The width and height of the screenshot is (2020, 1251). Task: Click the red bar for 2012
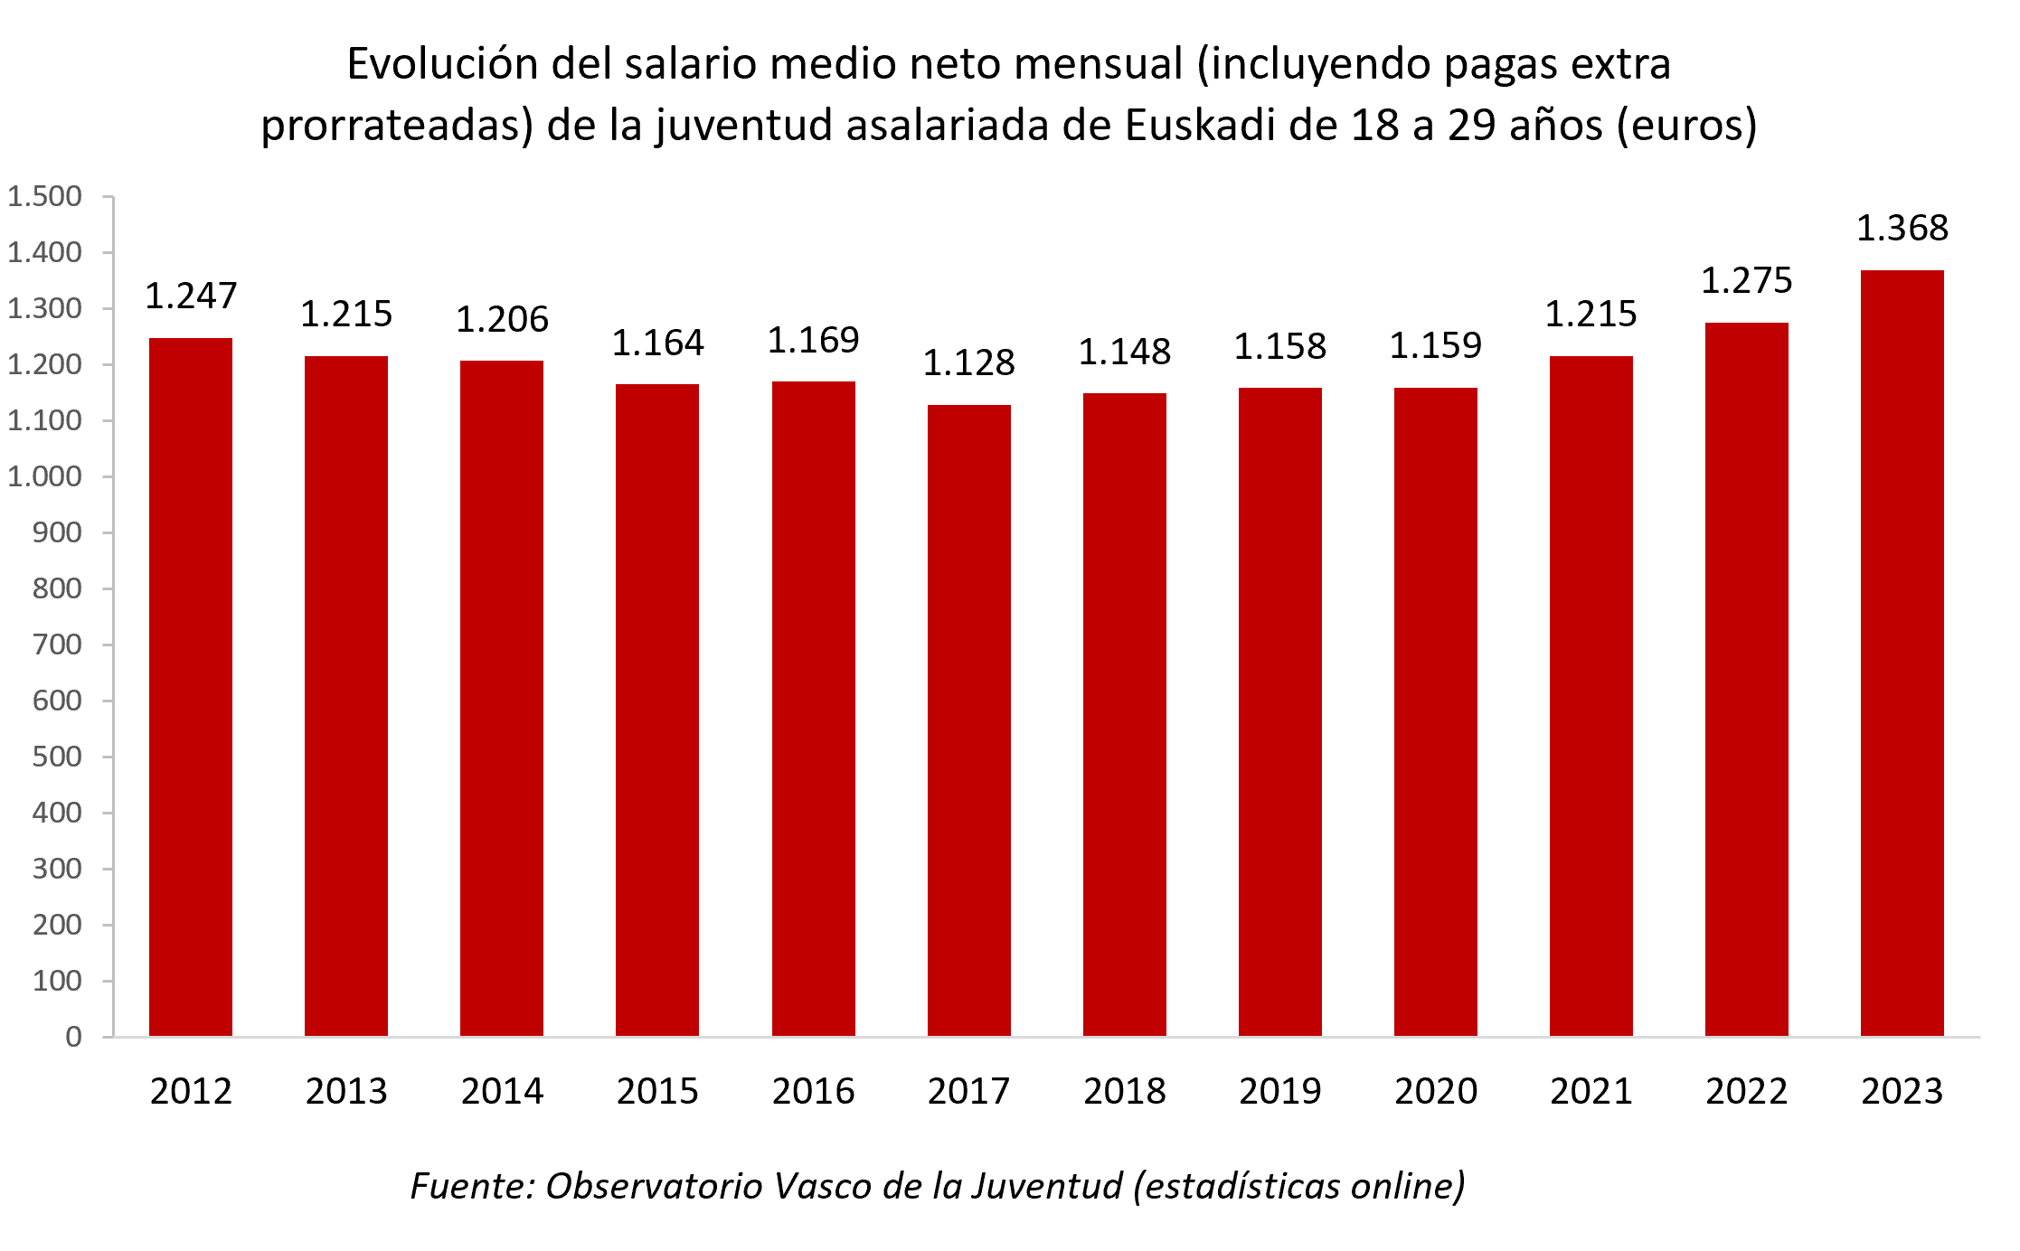191,687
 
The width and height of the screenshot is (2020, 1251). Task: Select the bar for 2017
968,720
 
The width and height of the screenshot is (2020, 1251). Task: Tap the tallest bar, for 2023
1902,653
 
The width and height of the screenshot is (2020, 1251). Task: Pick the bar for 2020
1435,711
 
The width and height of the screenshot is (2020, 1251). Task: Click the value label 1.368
1902,228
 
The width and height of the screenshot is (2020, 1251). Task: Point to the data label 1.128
968,362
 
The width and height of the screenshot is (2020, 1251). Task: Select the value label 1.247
191,296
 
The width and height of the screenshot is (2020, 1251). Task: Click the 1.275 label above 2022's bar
1746,280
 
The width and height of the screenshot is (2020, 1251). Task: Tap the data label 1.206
502,319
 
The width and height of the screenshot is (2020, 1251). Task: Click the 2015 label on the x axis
657,1091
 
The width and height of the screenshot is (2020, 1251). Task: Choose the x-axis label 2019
1279,1091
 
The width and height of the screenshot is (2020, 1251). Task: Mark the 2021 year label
1591,1091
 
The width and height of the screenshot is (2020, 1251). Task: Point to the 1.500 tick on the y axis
45,196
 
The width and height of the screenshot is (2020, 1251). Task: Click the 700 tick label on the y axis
57,644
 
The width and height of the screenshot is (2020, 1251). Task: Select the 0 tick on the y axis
73,1037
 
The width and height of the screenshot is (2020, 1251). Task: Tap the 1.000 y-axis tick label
45,476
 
